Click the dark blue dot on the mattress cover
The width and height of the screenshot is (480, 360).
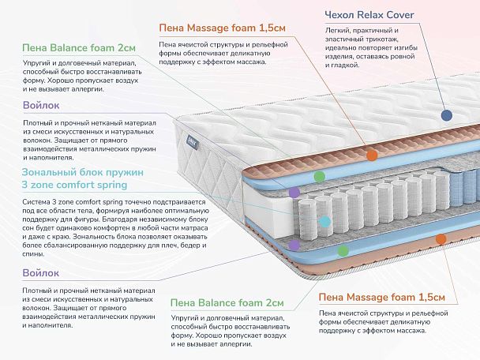(446, 114)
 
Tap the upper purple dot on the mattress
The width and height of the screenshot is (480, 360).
(294, 192)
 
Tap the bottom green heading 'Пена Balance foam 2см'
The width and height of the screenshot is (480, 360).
(227, 302)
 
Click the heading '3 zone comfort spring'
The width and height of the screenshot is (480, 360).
(82, 186)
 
